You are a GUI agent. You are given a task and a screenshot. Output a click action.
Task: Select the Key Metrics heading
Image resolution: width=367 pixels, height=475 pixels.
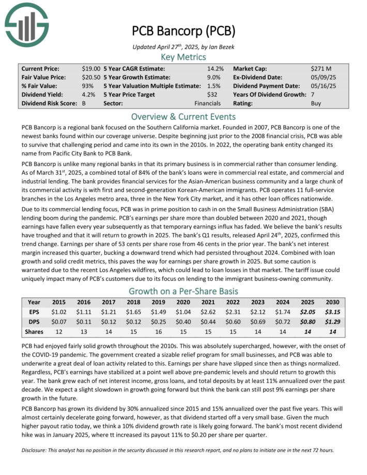point(183,56)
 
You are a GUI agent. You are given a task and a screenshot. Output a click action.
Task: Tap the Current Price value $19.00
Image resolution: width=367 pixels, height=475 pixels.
point(90,68)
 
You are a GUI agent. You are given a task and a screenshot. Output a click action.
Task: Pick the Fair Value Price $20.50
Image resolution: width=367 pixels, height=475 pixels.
point(90,77)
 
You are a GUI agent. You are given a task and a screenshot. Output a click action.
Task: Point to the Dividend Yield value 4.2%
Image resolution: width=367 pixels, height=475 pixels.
point(88,95)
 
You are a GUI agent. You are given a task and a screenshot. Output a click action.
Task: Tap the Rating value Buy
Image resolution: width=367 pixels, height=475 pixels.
point(316,103)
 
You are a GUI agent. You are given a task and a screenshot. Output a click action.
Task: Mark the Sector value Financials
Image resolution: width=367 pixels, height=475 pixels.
point(207,103)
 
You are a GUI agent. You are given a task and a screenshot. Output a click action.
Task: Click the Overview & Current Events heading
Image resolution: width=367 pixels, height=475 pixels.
point(183,116)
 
